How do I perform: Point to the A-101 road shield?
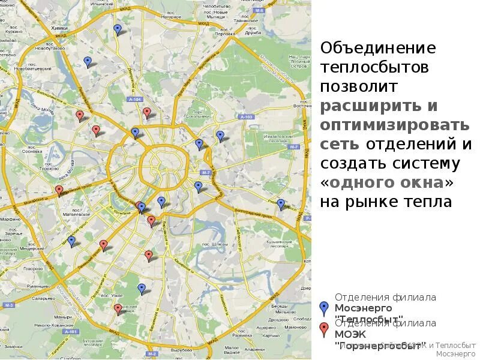[x=70, y=331]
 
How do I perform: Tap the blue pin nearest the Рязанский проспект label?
[x=280, y=204]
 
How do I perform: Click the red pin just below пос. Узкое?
[x=118, y=309]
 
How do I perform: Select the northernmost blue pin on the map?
[x=118, y=29]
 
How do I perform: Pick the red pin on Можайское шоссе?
[x=59, y=190]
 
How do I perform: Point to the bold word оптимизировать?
[x=395, y=125]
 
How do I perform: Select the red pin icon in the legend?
[x=325, y=329]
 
